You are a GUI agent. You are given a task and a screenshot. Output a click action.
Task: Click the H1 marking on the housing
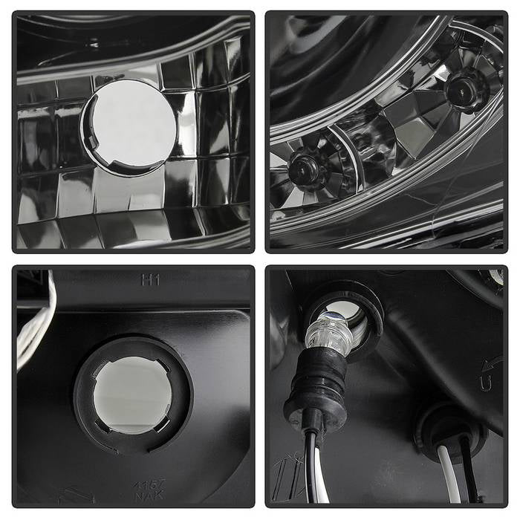pyautogui.click(x=150, y=280)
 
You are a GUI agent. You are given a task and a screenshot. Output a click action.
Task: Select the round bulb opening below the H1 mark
pyautogui.click(x=132, y=394)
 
